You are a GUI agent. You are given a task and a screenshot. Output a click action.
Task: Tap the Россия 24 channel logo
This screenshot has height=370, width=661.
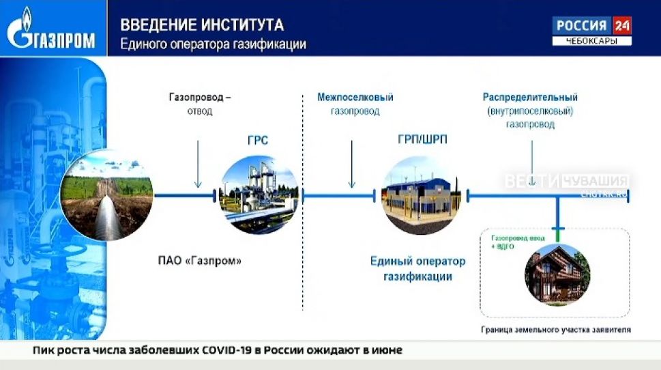[591, 26]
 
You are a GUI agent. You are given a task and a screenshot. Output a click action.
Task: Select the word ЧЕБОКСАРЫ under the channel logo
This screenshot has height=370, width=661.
[591, 42]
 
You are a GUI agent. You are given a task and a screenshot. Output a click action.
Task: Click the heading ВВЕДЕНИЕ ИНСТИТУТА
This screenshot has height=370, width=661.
[202, 25]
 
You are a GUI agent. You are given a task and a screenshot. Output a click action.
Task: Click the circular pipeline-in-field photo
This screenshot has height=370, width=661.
[106, 195]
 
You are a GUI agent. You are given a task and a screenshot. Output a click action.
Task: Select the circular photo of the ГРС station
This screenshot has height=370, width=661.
[259, 195]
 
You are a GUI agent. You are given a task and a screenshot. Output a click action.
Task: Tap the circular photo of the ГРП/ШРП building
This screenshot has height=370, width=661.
[418, 195]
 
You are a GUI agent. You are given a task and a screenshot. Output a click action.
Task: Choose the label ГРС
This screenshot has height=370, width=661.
[258, 141]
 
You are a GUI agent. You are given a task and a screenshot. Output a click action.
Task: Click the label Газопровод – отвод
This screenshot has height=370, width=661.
[199, 104]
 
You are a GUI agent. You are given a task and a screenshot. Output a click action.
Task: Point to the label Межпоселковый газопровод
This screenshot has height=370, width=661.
[355, 104]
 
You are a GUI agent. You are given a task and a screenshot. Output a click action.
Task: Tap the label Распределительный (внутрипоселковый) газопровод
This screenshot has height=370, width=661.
[530, 111]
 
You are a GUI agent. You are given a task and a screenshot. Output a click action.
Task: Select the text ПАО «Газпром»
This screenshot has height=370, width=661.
[200, 261]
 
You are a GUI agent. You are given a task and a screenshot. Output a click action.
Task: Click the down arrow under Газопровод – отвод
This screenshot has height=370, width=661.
[199, 163]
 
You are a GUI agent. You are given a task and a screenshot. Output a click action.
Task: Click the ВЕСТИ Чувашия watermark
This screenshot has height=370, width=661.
[566, 182]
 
